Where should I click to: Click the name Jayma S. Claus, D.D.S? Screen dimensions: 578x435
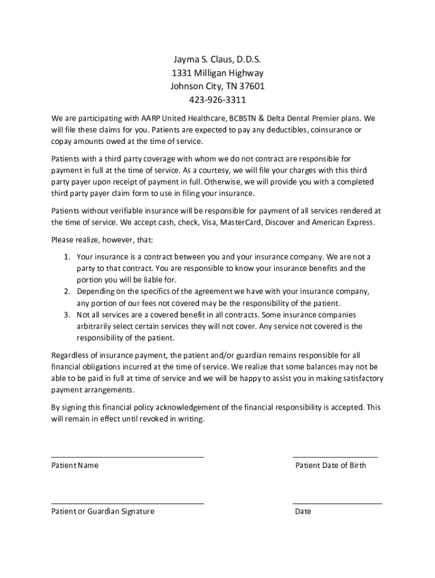217,59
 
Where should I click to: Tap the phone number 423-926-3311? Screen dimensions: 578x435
217,100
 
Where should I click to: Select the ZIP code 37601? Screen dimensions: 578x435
251,86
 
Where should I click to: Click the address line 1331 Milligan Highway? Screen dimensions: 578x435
217,73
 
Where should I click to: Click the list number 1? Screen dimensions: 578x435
66,257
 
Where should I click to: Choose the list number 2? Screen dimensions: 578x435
66,291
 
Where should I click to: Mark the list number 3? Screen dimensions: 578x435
66,314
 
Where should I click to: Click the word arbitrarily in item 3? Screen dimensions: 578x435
97,326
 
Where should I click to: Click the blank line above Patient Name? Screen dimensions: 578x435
128,457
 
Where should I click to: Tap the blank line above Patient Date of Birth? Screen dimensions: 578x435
335,457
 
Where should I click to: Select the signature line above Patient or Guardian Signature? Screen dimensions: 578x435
128,502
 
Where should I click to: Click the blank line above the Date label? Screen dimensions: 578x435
337,502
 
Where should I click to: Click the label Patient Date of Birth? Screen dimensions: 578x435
330,466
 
